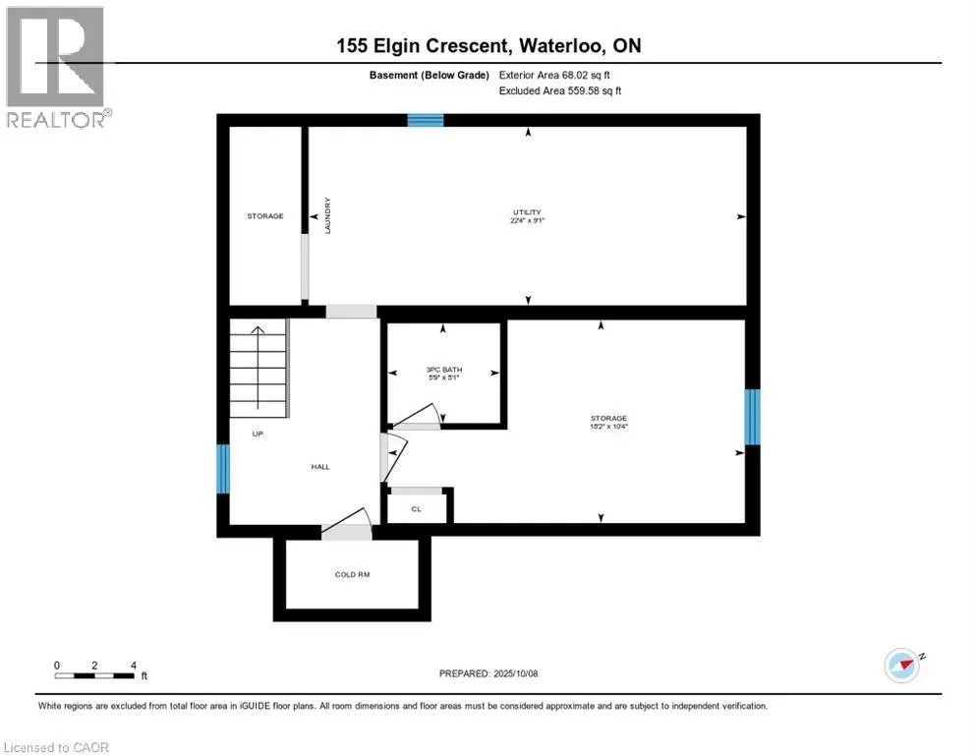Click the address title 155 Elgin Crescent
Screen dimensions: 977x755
click(423, 45)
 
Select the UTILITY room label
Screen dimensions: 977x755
click(527, 212)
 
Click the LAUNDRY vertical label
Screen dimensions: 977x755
click(327, 215)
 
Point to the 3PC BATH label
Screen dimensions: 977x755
click(444, 370)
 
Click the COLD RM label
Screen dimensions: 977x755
click(353, 575)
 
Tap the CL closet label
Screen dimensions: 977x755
click(416, 509)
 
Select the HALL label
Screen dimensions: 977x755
click(320, 467)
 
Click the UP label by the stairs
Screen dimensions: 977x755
click(258, 434)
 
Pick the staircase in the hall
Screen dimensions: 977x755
click(259, 368)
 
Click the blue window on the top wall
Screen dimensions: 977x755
click(426, 120)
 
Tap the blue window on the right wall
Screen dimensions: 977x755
click(753, 417)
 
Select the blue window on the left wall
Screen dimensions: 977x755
click(223, 469)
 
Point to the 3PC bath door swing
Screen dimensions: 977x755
click(416, 417)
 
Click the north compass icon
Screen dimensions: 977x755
click(903, 666)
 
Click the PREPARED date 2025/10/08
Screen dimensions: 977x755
click(488, 674)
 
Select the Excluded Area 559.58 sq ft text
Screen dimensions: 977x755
click(560, 91)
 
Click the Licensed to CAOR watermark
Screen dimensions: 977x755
click(56, 747)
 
